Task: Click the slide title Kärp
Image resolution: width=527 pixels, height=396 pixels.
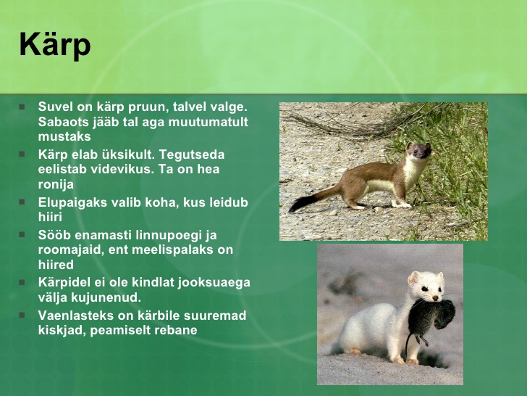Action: tap(55, 46)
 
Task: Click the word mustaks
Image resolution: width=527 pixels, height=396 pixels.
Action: tap(64, 136)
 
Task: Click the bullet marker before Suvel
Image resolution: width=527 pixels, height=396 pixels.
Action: tap(22, 107)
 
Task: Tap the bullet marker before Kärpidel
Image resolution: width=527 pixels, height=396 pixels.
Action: tap(22, 282)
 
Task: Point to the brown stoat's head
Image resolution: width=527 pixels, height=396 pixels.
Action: tap(418, 150)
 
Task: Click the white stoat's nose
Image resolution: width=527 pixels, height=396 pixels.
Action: tap(436, 298)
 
